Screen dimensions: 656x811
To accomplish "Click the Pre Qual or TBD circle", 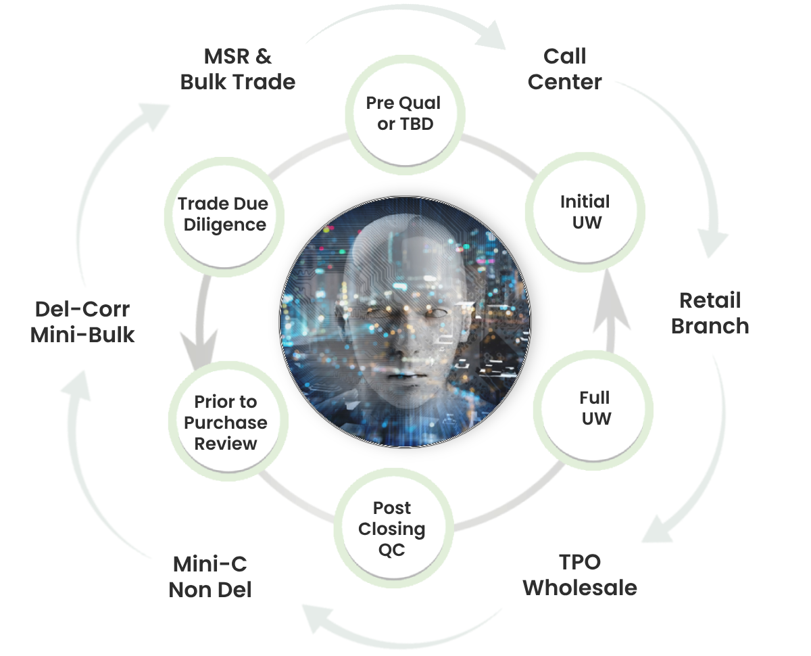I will pos(403,114).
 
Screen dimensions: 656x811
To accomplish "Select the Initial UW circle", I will pos(585,212).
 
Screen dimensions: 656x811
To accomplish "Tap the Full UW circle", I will pos(594,408).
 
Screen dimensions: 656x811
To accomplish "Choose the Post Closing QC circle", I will pos(392,529).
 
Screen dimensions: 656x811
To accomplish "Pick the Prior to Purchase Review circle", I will pos(226,423).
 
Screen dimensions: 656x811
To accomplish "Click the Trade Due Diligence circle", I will pos(223,214).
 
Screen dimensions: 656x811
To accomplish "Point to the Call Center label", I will pos(564,69).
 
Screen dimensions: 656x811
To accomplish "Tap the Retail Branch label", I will pos(710,313).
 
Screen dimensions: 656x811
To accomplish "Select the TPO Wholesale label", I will pos(580,575).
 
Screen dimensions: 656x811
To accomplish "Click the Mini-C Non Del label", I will pos(210,576).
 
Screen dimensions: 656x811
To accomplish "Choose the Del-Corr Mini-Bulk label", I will pos(82,322).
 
